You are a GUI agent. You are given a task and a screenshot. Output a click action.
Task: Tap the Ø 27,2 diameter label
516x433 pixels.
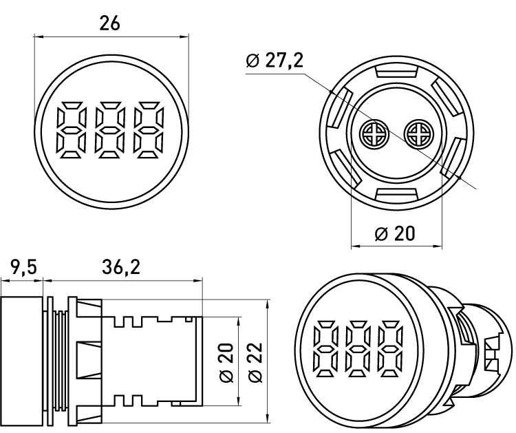click(274, 61)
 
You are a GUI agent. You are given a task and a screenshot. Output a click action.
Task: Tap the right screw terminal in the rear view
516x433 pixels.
click(417, 132)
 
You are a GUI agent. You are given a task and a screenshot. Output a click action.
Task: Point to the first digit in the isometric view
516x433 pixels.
click(325, 348)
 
